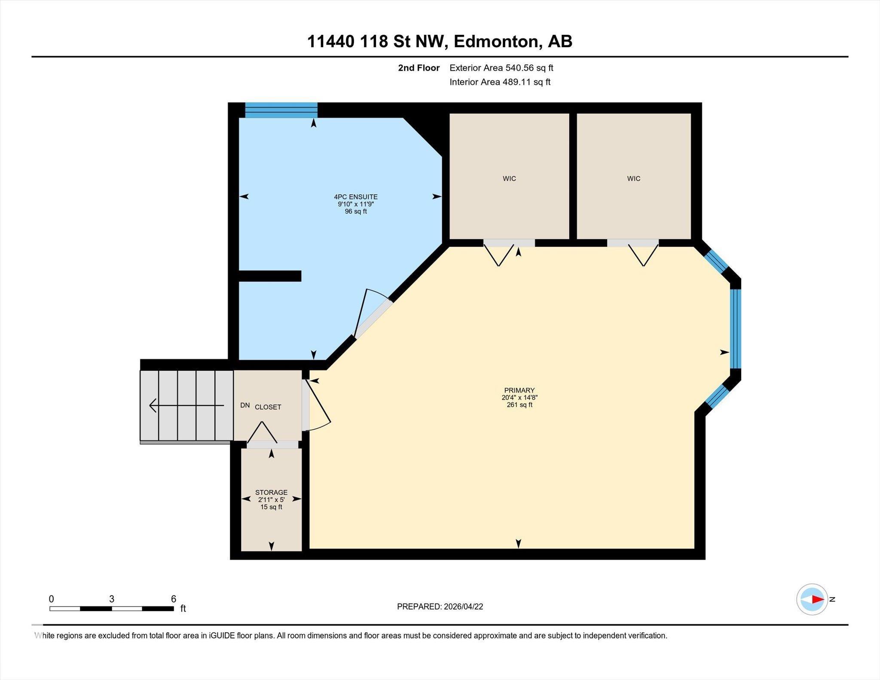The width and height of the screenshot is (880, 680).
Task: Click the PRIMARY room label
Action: pos(519,390)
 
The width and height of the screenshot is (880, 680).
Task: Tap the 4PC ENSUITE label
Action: pos(356,197)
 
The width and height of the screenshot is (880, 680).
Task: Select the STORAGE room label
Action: pos(271,492)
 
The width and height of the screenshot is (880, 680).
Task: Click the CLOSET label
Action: pos(268,407)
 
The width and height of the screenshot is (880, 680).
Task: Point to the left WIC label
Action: pos(509,178)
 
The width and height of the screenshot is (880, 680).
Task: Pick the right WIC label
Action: pos(633,178)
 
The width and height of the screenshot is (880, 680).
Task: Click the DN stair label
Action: pos(245,405)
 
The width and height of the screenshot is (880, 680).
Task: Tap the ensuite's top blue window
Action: pos(281,110)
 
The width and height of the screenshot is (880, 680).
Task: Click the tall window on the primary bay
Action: pos(736,329)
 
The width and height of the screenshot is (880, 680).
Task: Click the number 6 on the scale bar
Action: pos(174,599)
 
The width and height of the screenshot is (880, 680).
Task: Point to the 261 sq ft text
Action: pos(519,405)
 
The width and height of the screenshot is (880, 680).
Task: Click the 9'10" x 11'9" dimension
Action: pos(356,204)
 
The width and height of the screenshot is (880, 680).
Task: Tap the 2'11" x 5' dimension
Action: pos(271,500)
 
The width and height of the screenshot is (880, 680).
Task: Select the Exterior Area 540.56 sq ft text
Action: pos(501,68)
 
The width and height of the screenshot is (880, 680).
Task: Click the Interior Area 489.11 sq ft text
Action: pos(500,82)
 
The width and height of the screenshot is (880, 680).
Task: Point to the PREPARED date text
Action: pos(440,607)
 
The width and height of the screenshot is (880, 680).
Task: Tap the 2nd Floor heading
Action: pos(419,68)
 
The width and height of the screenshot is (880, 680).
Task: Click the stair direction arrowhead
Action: pos(153,405)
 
